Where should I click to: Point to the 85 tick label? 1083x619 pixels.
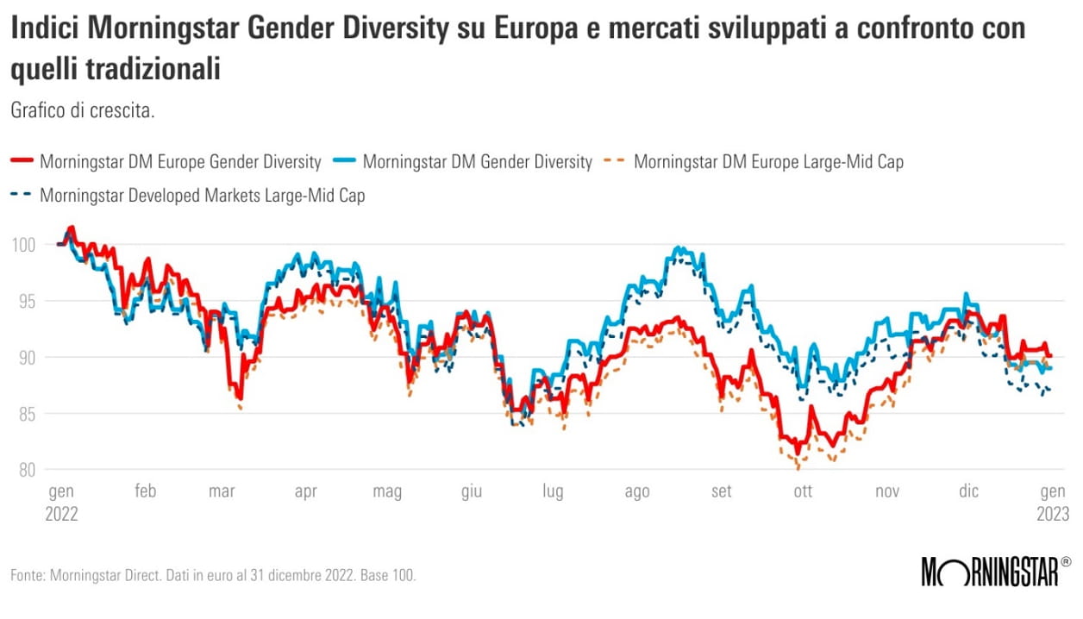(25, 414)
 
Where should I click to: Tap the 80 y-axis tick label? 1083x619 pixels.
(25, 470)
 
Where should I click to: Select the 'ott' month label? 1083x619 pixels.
(803, 491)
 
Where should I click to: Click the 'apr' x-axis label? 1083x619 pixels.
(306, 491)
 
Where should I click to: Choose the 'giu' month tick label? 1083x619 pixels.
(472, 491)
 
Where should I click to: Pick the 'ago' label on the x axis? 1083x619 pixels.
(636, 491)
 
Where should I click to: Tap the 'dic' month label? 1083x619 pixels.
(969, 491)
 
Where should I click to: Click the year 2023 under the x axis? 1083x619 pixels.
(1052, 513)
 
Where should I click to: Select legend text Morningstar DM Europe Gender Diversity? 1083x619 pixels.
(180, 161)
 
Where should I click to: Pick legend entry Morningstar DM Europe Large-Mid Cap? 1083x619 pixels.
(768, 161)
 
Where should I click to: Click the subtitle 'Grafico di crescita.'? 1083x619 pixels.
(82, 110)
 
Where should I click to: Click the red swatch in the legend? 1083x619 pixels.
(22, 161)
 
